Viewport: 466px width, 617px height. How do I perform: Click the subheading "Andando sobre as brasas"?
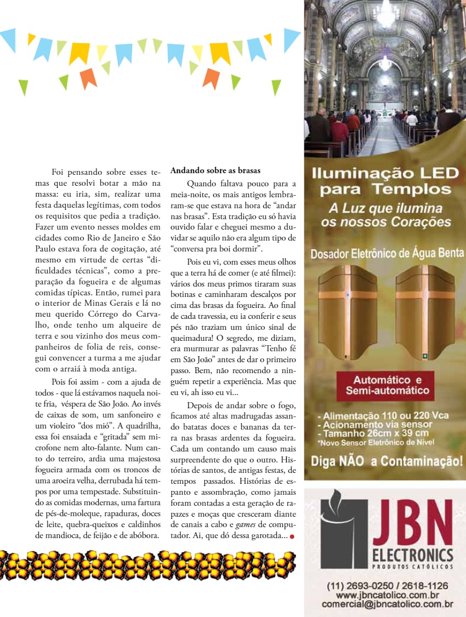click(x=215, y=170)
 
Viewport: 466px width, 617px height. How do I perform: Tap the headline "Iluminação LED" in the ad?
click(x=384, y=174)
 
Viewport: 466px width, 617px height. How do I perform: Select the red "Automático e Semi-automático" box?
click(x=383, y=386)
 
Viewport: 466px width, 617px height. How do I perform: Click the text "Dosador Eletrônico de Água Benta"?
click(x=385, y=254)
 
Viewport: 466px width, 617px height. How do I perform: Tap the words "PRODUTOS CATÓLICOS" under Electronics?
click(x=412, y=567)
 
